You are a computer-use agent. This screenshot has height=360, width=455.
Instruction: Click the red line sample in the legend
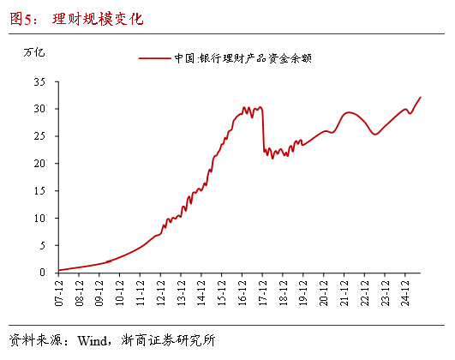pyautogui.click(x=153, y=58)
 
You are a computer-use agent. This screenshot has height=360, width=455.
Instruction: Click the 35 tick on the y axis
pyautogui.click(x=39, y=81)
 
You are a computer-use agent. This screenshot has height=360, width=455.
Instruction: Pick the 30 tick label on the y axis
pyautogui.click(x=39, y=109)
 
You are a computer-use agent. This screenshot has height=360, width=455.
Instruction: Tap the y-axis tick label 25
pyautogui.click(x=39, y=136)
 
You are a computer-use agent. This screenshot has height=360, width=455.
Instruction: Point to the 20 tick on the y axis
pyautogui.click(x=39, y=163)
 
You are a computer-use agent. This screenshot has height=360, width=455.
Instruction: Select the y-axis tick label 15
pyautogui.click(x=39, y=190)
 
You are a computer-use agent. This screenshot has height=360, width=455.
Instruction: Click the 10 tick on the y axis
pyautogui.click(x=39, y=218)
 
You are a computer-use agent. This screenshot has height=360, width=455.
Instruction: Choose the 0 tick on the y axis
pyautogui.click(x=41, y=273)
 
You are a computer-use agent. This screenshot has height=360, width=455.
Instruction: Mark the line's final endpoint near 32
pyautogui.click(x=421, y=97)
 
